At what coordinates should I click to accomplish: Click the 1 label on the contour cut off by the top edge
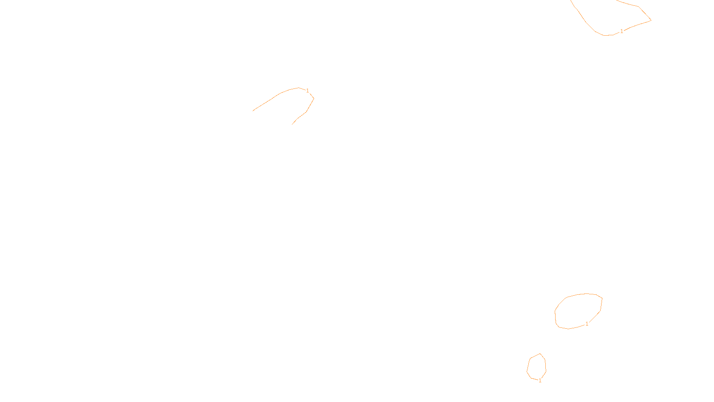pos(622,31)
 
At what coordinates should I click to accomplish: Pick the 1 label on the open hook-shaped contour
pos(307,91)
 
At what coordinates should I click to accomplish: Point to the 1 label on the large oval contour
pos(587,324)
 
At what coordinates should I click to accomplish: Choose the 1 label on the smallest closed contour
pos(540,381)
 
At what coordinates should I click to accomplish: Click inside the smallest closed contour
pos(536,367)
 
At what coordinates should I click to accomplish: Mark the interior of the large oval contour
pos(578,311)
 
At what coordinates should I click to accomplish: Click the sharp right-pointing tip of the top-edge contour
pos(651,20)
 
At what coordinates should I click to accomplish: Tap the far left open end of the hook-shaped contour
pos(253,111)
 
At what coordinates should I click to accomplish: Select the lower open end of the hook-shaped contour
pos(292,124)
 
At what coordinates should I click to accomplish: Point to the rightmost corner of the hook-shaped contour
pos(314,98)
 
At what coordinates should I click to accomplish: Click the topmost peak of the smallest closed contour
pos(540,354)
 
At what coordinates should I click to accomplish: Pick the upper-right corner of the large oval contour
pos(602,298)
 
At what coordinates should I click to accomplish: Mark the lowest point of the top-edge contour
pos(607,35)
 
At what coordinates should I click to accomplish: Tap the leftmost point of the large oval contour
pos(555,312)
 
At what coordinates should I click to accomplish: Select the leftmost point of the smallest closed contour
pos(527,371)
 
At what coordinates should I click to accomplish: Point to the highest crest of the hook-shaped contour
pos(299,88)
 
